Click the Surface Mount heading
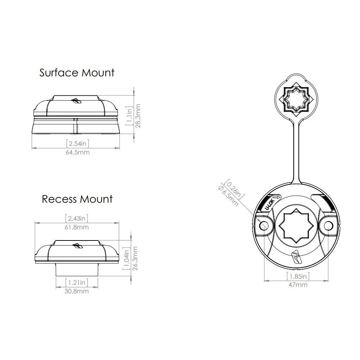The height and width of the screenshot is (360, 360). coord(77,73)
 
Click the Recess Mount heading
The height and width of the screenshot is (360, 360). coord(77,199)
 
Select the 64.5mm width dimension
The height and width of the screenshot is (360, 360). coord(78,152)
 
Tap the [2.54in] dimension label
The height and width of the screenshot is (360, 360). coord(78,144)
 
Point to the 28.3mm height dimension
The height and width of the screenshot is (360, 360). coord(138,116)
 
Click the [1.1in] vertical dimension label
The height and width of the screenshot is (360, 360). coord(129,116)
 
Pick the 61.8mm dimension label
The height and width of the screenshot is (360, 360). coord(77,227)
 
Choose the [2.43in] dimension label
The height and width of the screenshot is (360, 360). coord(77,218)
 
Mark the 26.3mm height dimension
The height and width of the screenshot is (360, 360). coord(135,258)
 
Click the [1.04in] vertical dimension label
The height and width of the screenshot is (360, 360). coord(126,258)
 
